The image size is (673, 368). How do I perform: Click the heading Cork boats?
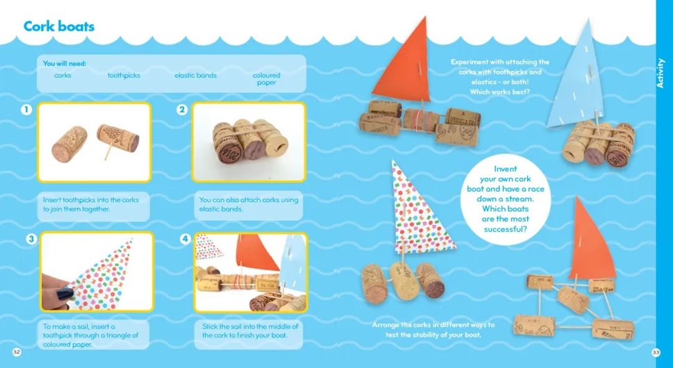coord(59,26)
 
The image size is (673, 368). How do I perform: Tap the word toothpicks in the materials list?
coord(124,76)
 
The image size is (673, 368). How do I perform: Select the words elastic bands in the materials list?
coord(195,75)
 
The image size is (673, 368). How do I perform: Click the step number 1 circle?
coord(26,110)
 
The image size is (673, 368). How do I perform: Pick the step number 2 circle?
coord(182,110)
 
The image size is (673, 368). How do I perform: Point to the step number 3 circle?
coord(31,239)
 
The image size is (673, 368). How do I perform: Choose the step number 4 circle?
coord(185,239)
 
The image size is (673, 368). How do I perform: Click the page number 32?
coord(16,352)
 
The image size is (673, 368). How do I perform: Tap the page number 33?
coord(656,352)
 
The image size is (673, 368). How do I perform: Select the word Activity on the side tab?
coord(660,74)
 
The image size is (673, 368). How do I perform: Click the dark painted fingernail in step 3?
coord(65,294)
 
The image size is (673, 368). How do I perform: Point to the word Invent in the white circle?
coord(506,169)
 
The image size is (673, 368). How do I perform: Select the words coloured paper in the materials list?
coord(266,78)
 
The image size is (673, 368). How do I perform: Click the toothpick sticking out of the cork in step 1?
coord(108,150)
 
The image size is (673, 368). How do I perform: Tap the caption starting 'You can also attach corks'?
coord(249,205)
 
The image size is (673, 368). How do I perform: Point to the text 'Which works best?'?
coord(499,92)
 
